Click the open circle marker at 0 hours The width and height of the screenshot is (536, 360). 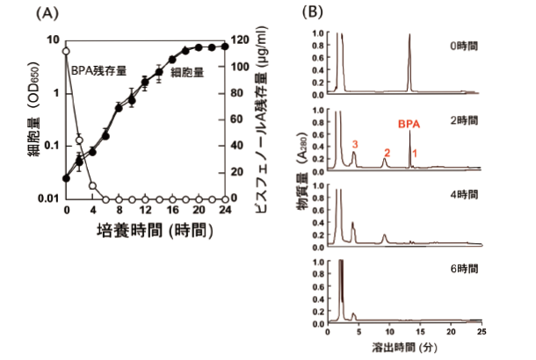pos(67,54)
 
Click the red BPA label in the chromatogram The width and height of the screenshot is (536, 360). pos(409,125)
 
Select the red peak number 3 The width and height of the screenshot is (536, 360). pos(354,142)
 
